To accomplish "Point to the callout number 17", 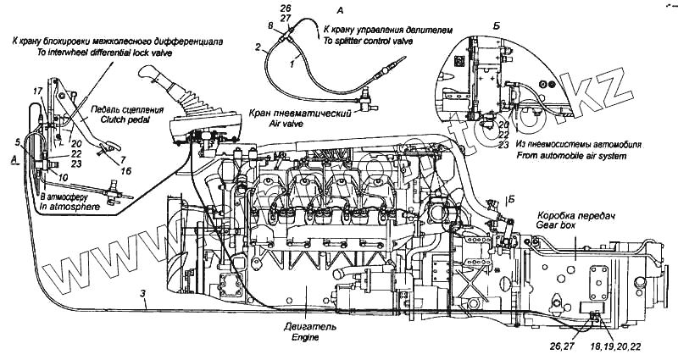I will coord(37,90).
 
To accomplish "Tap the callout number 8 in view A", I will coord(270,27).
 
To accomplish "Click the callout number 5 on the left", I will coord(18,141).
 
